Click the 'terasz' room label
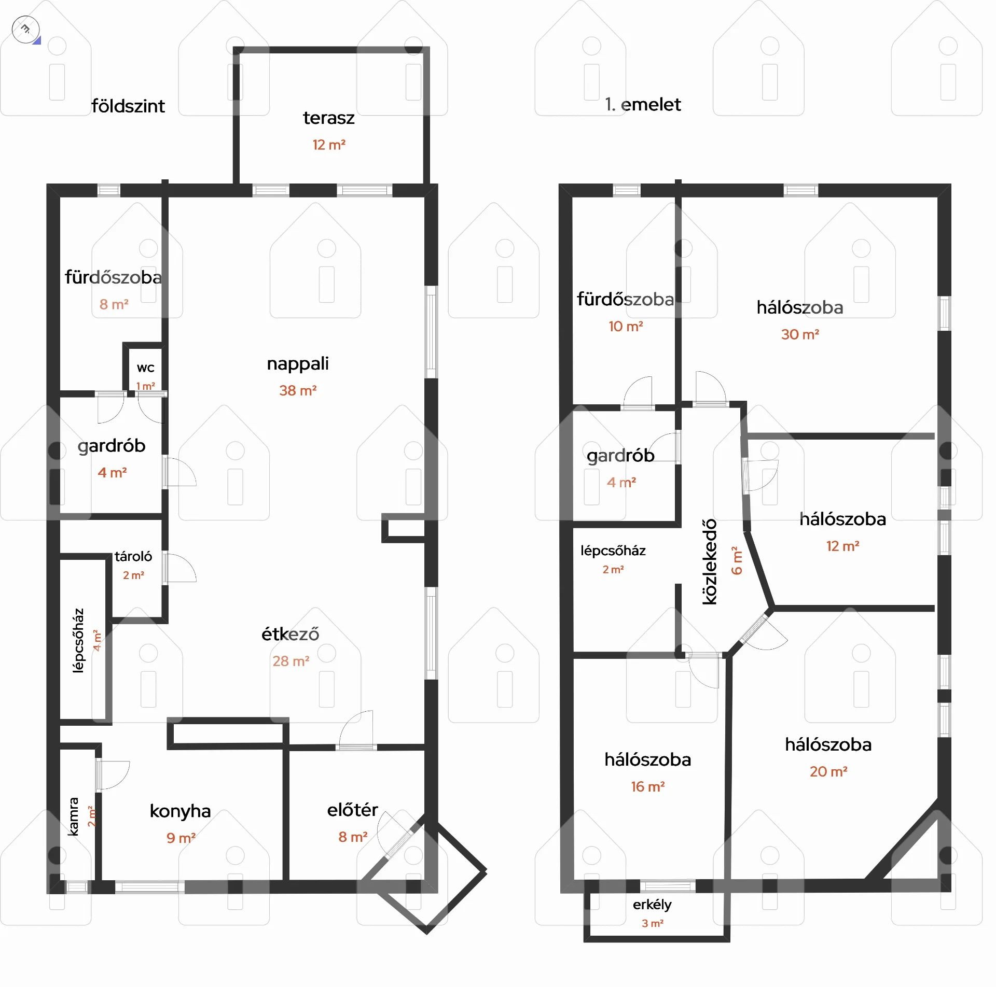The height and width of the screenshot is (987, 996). [x=329, y=118]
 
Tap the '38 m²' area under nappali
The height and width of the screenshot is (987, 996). [x=298, y=390]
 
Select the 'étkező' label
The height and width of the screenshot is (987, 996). [x=290, y=634]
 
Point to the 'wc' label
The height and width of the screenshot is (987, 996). [x=146, y=368]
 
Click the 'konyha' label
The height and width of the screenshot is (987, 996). [x=180, y=811]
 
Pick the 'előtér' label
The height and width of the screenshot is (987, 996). [x=352, y=810]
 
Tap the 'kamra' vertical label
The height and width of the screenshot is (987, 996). [x=74, y=816]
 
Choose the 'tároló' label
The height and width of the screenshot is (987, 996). [x=133, y=556]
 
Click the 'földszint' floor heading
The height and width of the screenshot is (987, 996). [x=128, y=106]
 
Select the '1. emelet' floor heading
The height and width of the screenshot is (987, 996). [x=643, y=105]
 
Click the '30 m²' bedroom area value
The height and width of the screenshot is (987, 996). [x=800, y=334]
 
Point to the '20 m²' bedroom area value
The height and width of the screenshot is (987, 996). [x=828, y=771]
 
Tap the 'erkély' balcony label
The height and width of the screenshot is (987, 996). [x=652, y=905]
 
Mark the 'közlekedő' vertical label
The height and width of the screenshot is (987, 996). [x=709, y=561]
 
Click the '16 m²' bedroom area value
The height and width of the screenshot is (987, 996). [x=648, y=786]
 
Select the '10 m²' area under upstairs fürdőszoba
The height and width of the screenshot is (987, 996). [x=626, y=326]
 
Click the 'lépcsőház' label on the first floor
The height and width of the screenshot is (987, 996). [x=613, y=551]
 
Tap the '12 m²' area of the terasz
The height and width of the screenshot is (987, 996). [x=329, y=145]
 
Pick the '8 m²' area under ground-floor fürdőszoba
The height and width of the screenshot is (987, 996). [x=114, y=304]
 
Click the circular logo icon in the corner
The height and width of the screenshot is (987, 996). [x=25, y=30]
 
